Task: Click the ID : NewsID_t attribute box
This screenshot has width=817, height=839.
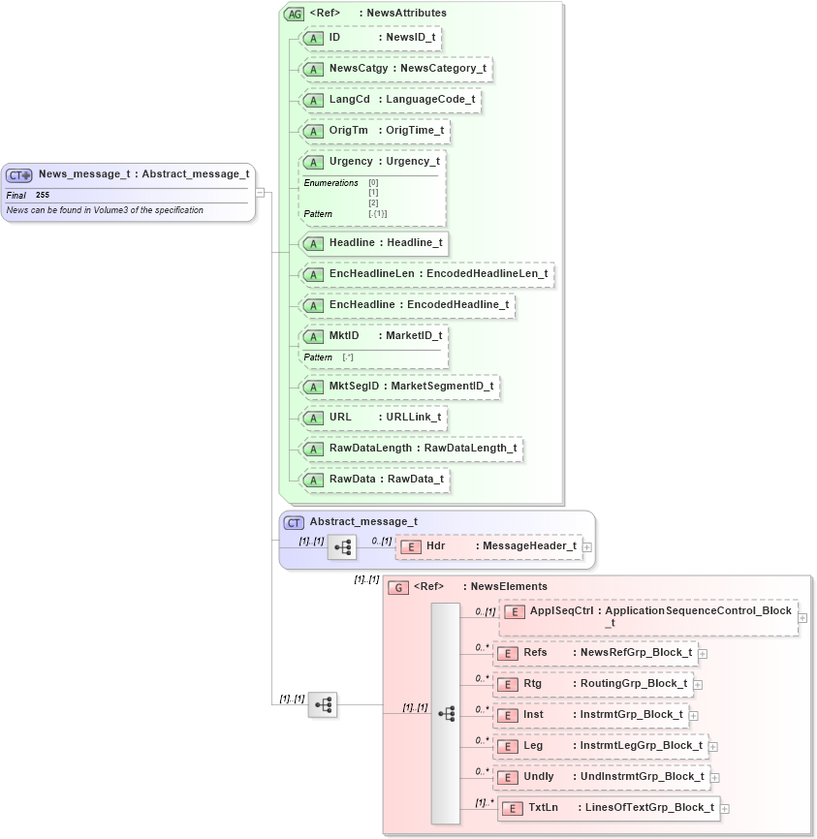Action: point(372,38)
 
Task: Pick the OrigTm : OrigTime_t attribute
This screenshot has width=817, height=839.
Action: point(375,131)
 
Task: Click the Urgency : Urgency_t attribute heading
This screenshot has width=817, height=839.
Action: point(373,162)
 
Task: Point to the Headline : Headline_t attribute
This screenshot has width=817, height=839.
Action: point(374,242)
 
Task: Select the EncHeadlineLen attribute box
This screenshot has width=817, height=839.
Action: point(427,274)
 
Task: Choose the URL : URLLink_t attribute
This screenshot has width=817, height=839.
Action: point(373,418)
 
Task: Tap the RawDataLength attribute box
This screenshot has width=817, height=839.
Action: point(412,449)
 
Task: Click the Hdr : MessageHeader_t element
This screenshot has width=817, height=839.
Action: point(489,546)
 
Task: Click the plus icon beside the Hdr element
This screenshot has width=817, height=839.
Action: point(587,547)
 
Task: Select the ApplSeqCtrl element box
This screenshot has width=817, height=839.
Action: point(647,617)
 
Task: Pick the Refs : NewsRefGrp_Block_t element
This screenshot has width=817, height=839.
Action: point(595,653)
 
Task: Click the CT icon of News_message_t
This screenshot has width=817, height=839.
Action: point(19,175)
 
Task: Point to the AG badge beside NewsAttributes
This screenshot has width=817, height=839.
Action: point(294,14)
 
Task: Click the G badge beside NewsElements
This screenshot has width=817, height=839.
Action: point(398,587)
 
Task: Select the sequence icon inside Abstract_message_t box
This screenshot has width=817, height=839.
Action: point(342,547)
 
